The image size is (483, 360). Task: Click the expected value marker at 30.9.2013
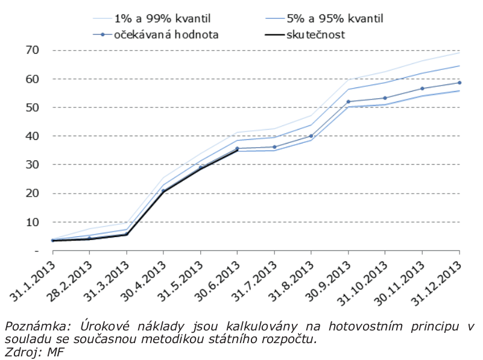click(349, 102)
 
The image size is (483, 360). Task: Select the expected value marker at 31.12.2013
click(459, 83)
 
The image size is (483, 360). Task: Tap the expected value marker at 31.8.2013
click(311, 136)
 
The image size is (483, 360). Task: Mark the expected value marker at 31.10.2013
click(385, 98)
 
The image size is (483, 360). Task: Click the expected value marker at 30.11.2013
click(423, 89)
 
